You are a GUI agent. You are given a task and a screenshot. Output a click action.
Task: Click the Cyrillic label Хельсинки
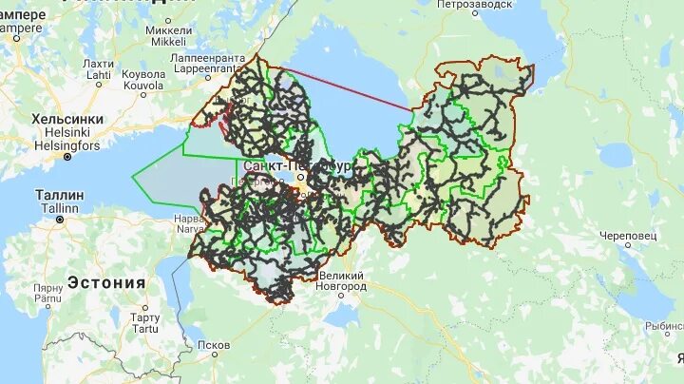[x=67, y=119]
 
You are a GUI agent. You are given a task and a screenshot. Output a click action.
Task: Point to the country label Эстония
[x=105, y=282]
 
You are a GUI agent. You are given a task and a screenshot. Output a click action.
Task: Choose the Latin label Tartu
[x=145, y=329]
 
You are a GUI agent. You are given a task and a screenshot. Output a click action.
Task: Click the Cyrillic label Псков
[x=214, y=345]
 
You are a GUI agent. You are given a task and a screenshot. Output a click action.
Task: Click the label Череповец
[x=629, y=235]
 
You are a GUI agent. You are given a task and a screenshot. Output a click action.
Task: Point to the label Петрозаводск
[x=476, y=5]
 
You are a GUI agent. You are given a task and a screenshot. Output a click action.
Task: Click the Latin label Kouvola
[x=143, y=85]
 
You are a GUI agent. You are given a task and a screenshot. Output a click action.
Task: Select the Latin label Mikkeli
[x=167, y=42]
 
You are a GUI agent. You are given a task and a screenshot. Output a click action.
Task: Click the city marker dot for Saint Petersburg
[x=297, y=178]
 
